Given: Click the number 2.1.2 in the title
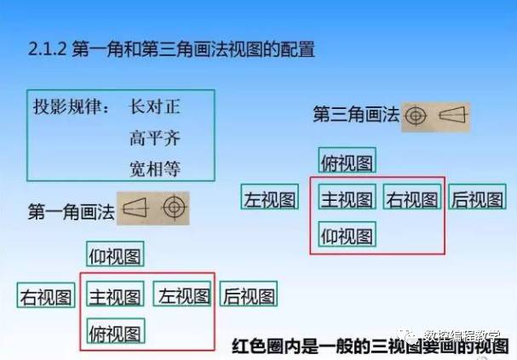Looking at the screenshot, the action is [x=47, y=49].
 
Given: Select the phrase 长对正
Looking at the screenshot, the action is [x=155, y=106].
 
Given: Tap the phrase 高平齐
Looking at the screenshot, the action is [x=155, y=138].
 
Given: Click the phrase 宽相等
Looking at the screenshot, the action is [x=155, y=169].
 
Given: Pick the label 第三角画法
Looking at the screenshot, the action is [x=356, y=115].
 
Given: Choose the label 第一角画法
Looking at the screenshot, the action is [x=72, y=211].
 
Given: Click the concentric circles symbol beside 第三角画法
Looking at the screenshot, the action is [x=416, y=116].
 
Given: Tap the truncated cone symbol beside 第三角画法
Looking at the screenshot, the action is [x=454, y=115].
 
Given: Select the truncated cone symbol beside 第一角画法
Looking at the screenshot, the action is [x=135, y=207].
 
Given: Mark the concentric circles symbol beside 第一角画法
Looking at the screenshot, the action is [x=175, y=208].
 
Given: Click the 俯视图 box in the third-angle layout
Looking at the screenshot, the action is [x=348, y=160].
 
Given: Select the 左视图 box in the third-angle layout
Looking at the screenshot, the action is [x=270, y=197].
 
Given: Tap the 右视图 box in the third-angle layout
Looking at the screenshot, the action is [x=412, y=197].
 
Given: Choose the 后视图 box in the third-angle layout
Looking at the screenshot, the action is [x=477, y=197].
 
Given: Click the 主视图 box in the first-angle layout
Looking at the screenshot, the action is [x=115, y=294].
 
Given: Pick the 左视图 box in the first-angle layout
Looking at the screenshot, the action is [x=182, y=294].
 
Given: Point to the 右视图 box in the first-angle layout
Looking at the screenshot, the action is [x=46, y=295].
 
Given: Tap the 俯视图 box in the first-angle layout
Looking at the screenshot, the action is [x=116, y=331].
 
